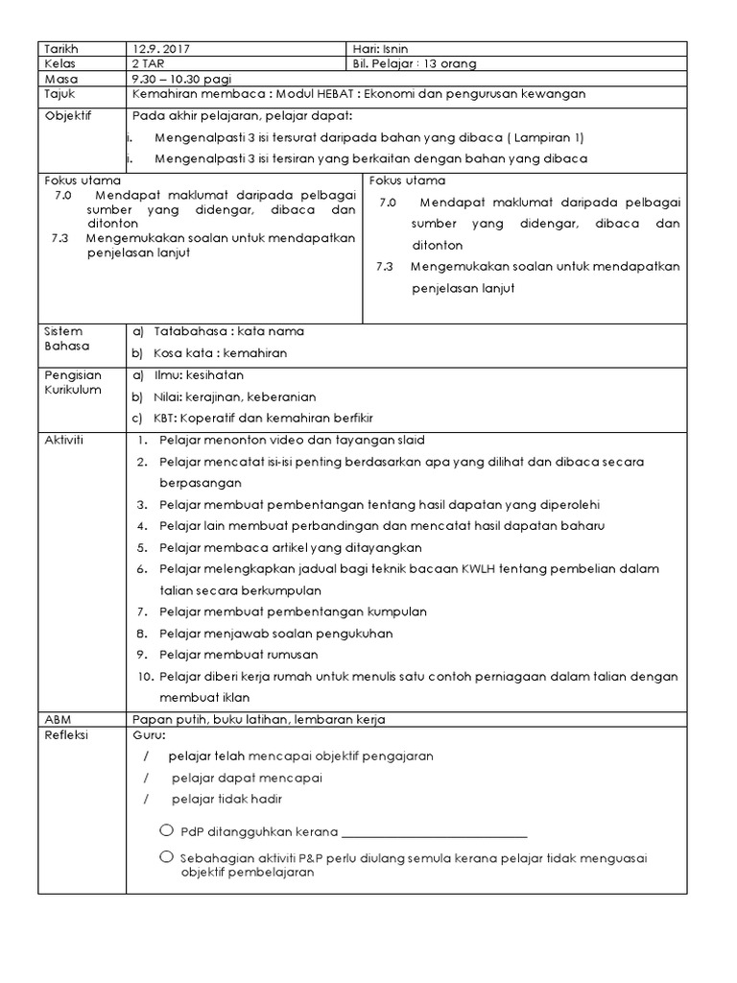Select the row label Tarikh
tap(62, 49)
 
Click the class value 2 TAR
tap(152, 63)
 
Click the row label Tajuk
tap(60, 94)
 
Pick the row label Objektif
tap(66, 116)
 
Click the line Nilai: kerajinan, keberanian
tap(235, 396)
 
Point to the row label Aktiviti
tap(65, 439)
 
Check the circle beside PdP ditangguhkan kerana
tap(167, 829)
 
